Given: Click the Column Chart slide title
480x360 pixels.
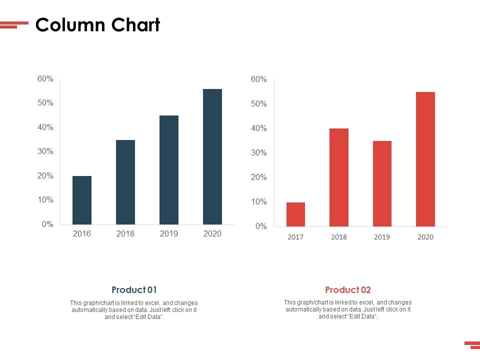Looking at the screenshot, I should click(x=97, y=25).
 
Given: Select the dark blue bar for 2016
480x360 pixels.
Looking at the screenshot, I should click(x=82, y=200).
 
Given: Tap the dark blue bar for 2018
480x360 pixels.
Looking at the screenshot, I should click(x=125, y=182).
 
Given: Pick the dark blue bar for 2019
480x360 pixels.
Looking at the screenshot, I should click(x=169, y=170).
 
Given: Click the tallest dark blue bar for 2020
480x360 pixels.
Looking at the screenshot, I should click(x=212, y=156).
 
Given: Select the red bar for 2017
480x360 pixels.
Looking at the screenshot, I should click(x=295, y=214).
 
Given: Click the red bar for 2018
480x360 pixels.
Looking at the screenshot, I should click(x=339, y=177).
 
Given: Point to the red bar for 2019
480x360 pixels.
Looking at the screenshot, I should click(x=382, y=183).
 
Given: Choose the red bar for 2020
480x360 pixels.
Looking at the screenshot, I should click(x=425, y=159).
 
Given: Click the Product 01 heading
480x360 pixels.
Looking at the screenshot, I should click(x=134, y=290).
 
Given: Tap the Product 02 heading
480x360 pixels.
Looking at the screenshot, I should click(x=348, y=290).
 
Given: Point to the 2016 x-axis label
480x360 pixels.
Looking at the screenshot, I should click(x=82, y=233).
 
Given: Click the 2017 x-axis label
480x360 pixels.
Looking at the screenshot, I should click(x=295, y=237).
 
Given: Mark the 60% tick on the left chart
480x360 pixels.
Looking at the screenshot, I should click(x=45, y=79).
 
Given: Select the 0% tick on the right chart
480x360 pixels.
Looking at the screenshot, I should click(x=261, y=226).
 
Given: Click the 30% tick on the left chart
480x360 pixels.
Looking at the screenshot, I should click(x=45, y=151).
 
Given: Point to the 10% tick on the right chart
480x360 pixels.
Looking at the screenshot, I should click(x=259, y=202).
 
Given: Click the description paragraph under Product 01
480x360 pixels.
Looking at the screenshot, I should click(x=134, y=310).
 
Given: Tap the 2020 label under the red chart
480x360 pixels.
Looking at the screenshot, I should click(x=425, y=237).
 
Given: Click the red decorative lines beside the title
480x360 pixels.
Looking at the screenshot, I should click(x=14, y=24).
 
